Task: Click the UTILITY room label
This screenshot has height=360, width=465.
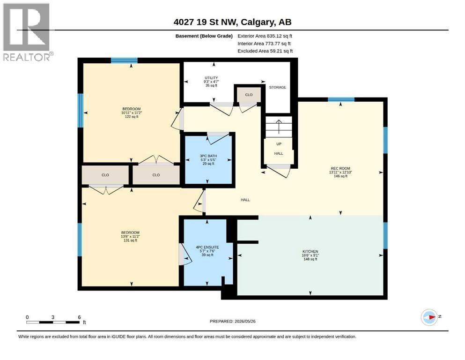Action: click(211, 78)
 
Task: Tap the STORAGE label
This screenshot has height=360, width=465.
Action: click(278, 87)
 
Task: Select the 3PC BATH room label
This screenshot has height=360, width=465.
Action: click(208, 156)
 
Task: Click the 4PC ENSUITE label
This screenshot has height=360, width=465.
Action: click(207, 247)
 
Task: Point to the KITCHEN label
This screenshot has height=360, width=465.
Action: click(310, 251)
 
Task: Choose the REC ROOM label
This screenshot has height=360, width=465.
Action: click(340, 168)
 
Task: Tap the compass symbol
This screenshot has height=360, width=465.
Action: click(429, 317)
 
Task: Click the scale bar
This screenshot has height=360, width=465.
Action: click(53, 322)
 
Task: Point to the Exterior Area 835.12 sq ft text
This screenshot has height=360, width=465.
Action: click(265, 36)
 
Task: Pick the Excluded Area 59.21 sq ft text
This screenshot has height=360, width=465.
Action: click(265, 51)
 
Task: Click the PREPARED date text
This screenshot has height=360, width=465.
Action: click(232, 321)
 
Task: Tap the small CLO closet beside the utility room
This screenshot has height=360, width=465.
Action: click(249, 95)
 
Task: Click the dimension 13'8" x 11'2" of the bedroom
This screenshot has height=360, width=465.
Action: click(130, 237)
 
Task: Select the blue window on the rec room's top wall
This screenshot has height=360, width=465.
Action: click(341, 99)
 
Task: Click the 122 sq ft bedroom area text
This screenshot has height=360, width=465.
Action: click(132, 117)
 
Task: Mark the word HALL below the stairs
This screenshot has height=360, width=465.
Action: click(279, 153)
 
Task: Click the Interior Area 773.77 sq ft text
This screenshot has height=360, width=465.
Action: click(262, 44)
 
